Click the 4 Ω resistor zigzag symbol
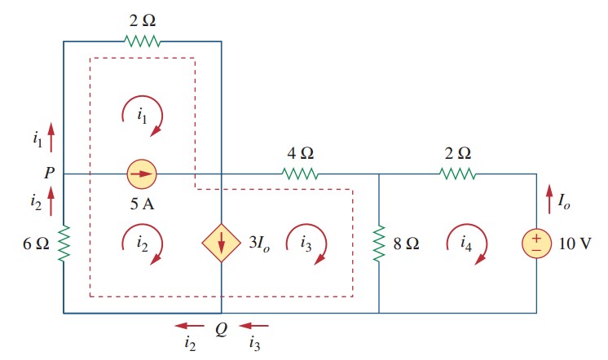tap(300, 173)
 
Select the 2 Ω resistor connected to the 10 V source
tap(458, 173)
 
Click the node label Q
tap(221, 331)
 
